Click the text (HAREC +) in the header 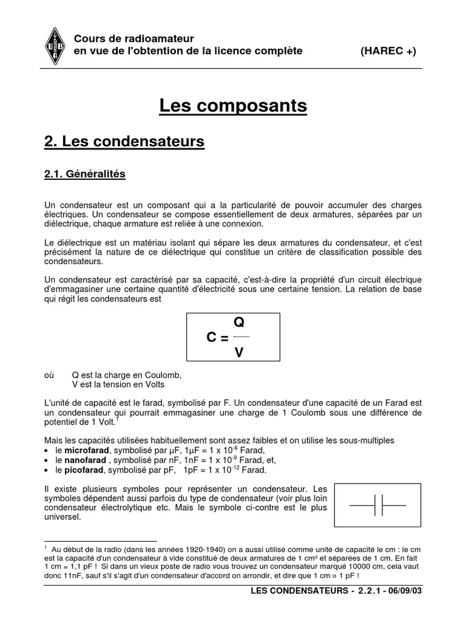(388, 51)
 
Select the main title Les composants (233, 106)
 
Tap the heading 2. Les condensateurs (124, 142)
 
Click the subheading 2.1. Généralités (84, 174)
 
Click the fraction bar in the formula (241, 337)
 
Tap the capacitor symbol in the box (377, 505)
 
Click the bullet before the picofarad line (47, 471)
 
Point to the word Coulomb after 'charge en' (164, 375)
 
